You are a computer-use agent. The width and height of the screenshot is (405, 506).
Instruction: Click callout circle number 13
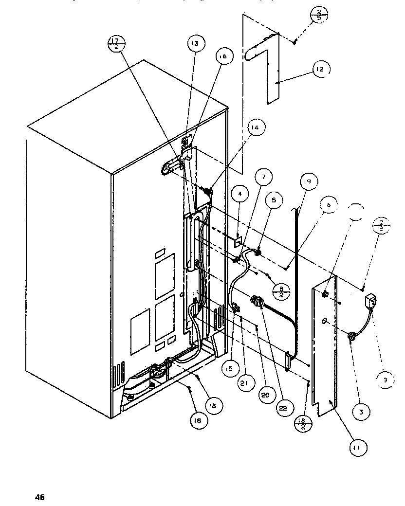point(194,44)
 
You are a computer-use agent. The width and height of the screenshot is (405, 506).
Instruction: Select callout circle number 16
point(222,56)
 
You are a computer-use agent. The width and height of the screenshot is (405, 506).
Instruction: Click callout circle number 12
point(320,70)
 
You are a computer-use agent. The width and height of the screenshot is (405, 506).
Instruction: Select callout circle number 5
point(273,199)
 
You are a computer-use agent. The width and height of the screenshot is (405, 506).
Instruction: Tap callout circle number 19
point(308,182)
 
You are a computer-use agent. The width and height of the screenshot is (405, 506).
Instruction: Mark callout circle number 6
point(329,206)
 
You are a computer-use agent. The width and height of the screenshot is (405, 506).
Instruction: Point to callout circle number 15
point(229,369)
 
